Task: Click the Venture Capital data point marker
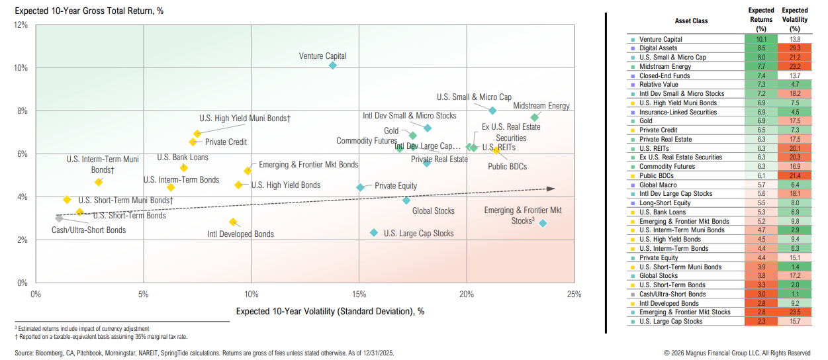(332, 66)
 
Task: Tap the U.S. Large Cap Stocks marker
(374, 233)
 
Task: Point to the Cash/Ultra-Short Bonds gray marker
(59, 218)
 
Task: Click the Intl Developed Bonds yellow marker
(232, 222)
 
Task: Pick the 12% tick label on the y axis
(20, 25)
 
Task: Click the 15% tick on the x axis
(359, 294)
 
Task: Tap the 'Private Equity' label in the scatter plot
(396, 187)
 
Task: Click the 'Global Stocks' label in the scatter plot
(434, 211)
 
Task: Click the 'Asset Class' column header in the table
(691, 21)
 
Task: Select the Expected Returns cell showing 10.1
(760, 40)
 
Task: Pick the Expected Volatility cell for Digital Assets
(794, 48)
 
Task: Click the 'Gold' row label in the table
(646, 121)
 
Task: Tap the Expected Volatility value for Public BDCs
(794, 176)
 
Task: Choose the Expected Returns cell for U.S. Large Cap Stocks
(760, 322)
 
